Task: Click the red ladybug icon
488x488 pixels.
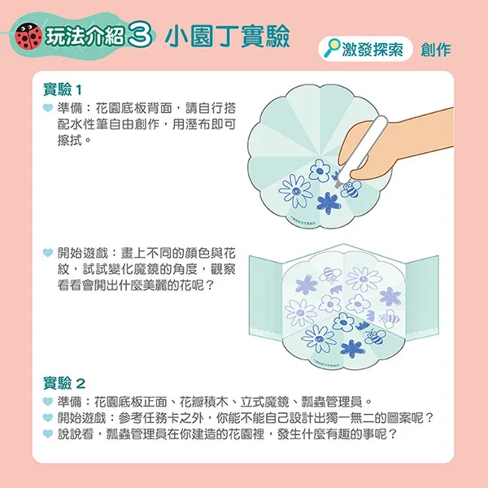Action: (29, 37)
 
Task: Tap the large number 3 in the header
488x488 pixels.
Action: (140, 37)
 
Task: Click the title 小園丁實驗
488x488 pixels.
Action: (228, 37)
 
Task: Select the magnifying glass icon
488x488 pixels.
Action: (332, 48)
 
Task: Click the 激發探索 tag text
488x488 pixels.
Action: (373, 49)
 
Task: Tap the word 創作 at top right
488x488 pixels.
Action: (436, 50)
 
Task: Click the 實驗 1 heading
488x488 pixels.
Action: (63, 89)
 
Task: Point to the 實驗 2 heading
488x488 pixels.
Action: (64, 383)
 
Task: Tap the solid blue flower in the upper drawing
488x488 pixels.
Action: (329, 203)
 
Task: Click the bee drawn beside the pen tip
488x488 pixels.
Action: (351, 189)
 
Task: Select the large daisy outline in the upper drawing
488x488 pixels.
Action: (295, 190)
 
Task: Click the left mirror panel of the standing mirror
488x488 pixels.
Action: (265, 298)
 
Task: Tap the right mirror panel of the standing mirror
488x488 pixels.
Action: (421, 298)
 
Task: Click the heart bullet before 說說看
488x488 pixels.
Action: (48, 434)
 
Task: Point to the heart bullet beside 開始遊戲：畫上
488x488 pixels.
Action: (48, 252)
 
